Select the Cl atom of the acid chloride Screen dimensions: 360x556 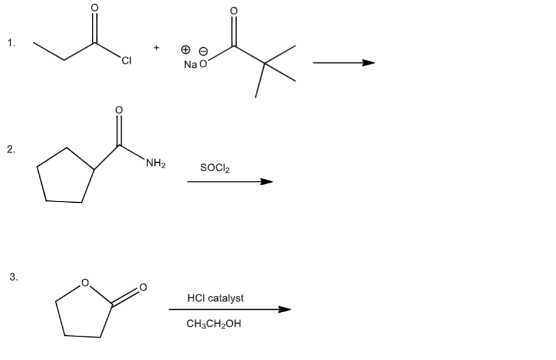pyautogui.click(x=126, y=59)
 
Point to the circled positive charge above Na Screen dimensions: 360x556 pyautogui.click(x=188, y=49)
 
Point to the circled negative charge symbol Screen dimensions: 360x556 pyautogui.click(x=203, y=50)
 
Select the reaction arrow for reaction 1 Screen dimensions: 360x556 pyautogui.click(x=343, y=62)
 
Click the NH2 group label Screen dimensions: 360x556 pyautogui.click(x=156, y=163)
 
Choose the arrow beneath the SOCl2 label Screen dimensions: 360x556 pyautogui.click(x=230, y=182)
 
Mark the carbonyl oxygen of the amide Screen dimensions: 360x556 pyautogui.click(x=119, y=110)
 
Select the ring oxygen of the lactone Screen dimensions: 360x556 pyautogui.click(x=85, y=281)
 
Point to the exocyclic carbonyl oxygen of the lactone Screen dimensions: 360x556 pyautogui.click(x=143, y=286)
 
